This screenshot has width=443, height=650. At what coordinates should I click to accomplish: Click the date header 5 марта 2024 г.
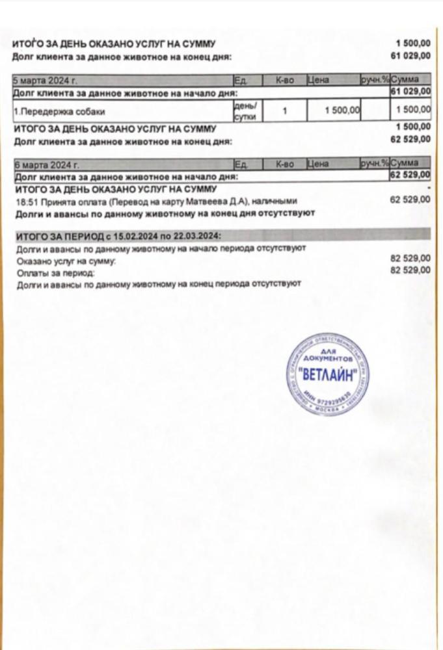point(40,81)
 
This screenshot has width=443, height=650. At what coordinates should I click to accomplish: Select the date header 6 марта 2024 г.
point(40,164)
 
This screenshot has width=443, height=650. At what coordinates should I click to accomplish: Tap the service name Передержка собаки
point(59,111)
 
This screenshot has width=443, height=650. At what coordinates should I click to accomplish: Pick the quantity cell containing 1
point(285,111)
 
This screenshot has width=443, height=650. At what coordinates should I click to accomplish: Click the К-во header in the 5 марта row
point(285,81)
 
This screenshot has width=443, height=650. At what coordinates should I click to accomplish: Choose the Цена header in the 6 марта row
point(318,164)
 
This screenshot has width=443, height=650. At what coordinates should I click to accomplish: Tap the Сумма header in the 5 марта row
point(410,81)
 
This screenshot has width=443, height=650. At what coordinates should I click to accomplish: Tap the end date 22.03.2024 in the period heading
point(195,235)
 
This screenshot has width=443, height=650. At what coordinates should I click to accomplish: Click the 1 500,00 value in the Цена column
point(342,111)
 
